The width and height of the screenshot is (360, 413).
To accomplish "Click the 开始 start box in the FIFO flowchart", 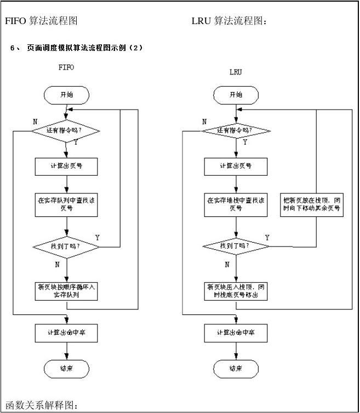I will click(x=66, y=95).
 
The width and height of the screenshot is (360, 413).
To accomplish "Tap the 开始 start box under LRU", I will click(x=236, y=95).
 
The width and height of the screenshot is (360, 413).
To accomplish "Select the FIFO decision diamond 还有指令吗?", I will click(x=66, y=131).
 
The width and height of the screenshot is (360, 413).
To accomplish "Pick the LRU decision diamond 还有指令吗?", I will click(x=236, y=131).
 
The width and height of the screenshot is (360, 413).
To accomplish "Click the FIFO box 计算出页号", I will click(x=66, y=166).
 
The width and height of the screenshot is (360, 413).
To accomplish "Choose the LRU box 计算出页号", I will click(x=236, y=166).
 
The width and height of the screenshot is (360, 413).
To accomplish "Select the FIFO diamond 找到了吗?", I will click(x=66, y=246).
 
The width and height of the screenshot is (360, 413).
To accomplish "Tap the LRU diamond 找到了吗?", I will click(x=236, y=246).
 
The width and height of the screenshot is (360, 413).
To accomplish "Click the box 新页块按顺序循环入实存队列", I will click(x=66, y=291).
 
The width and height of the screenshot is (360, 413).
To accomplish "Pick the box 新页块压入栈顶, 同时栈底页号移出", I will click(x=236, y=291).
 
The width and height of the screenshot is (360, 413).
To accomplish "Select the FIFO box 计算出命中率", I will click(x=66, y=332).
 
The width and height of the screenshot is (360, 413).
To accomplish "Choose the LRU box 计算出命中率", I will click(x=236, y=332).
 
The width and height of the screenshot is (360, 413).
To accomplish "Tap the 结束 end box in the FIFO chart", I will click(x=66, y=369).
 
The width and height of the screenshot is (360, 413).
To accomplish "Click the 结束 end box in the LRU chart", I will click(x=236, y=369).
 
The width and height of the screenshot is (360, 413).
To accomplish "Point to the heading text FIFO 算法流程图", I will click(x=41, y=21).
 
